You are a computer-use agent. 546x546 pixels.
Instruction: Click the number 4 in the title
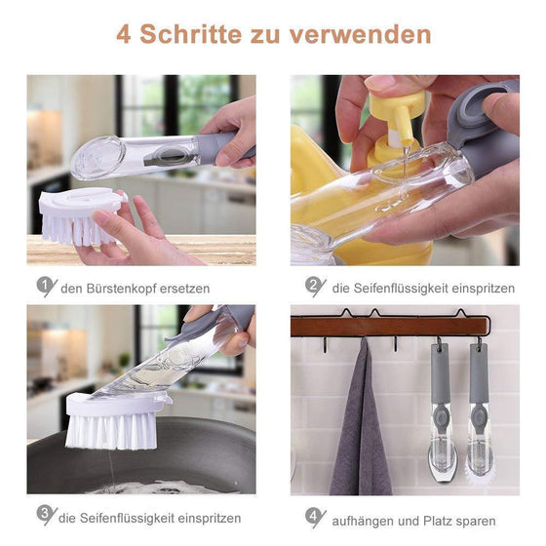pyautogui.click(x=124, y=34)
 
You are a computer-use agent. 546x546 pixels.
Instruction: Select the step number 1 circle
pyautogui.click(x=46, y=286)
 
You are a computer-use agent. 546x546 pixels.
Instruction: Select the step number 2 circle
pyautogui.click(x=314, y=286)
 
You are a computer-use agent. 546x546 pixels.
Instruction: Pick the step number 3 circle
pyautogui.click(x=46, y=515)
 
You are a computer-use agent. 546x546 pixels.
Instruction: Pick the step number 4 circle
pyautogui.click(x=314, y=517)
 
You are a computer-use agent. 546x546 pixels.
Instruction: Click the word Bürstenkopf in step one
pyautogui.click(x=126, y=289)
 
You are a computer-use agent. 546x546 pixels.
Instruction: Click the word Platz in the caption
pyautogui.click(x=448, y=521)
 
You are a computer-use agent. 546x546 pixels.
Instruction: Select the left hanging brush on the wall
pyautogui.click(x=442, y=409)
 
